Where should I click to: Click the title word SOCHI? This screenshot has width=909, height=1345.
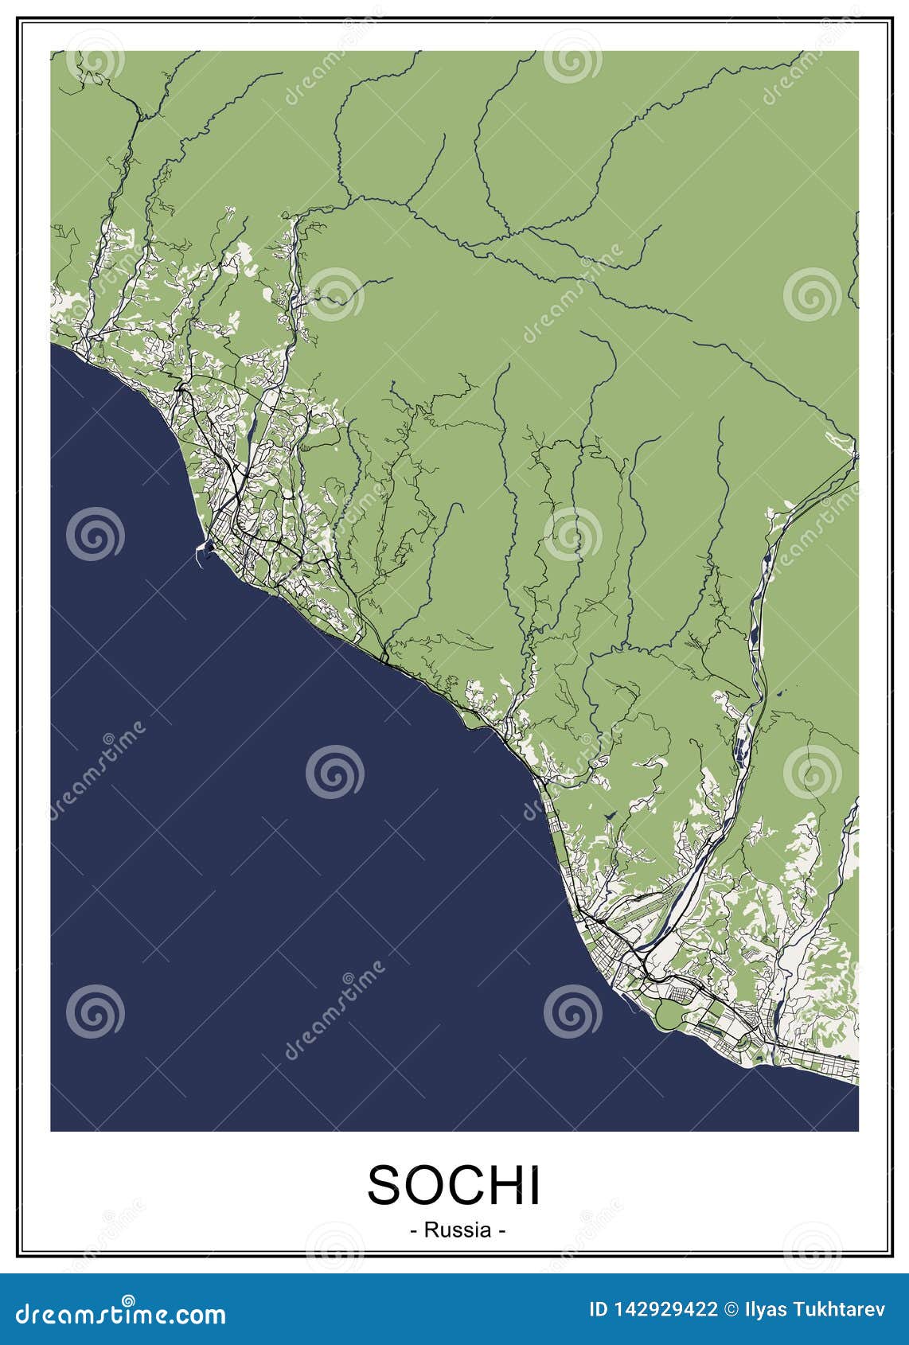454,1185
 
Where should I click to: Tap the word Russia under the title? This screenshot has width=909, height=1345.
458,1230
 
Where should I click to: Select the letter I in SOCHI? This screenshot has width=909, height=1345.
535,1185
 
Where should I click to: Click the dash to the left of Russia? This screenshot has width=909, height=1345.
414,1231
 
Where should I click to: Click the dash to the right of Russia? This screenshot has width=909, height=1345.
501,1231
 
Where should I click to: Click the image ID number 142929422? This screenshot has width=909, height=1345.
664,1310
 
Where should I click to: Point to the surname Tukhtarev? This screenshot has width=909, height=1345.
845,1310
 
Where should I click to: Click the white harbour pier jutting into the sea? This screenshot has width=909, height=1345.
202,550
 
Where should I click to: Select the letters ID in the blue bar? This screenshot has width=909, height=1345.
599,1310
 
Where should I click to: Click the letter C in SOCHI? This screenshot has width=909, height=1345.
463,1185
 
